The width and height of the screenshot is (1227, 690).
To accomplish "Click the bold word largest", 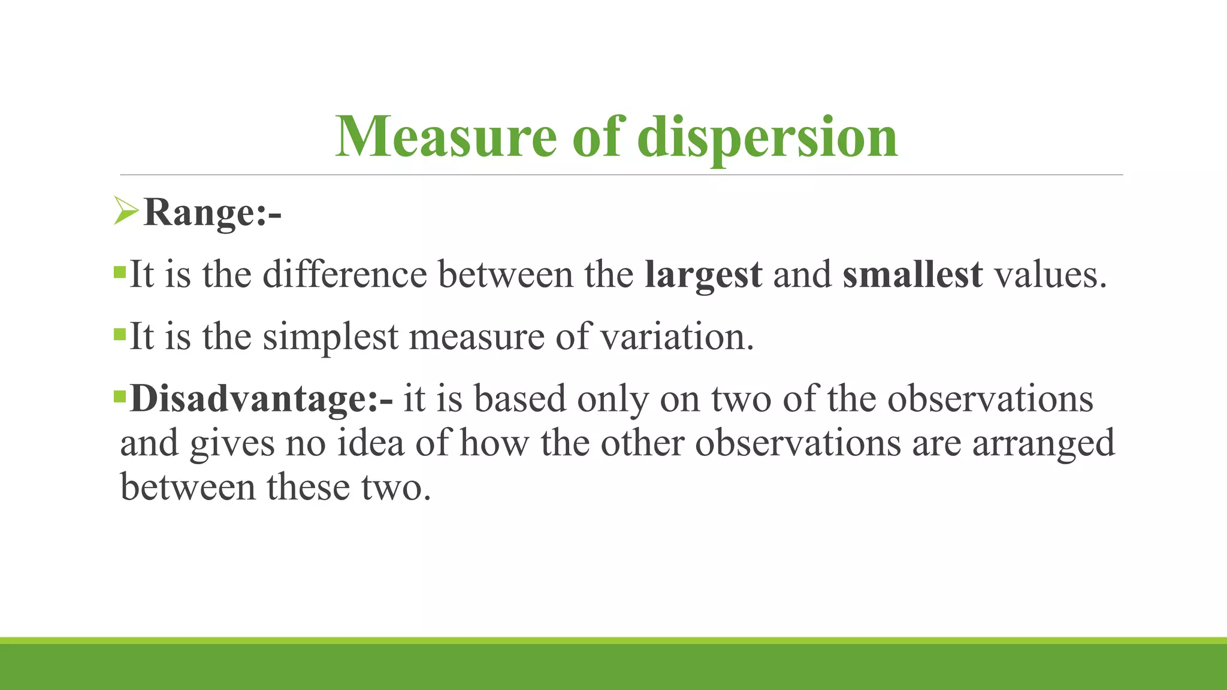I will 703,276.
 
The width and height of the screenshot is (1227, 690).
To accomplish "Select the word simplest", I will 330,338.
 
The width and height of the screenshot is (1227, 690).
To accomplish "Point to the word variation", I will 676,337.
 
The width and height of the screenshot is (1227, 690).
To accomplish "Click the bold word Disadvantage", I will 252,399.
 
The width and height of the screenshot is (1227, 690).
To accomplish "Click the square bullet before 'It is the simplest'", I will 120,333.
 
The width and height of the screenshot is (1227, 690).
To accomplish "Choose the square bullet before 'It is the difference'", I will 120,272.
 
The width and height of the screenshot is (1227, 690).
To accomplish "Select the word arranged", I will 1043,444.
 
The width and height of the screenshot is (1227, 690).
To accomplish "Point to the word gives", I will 232,444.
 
